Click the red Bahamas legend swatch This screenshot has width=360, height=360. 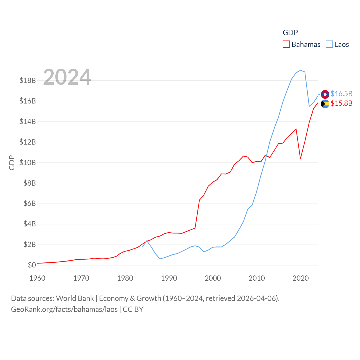(x=286, y=44)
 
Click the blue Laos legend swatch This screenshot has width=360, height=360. (x=329, y=44)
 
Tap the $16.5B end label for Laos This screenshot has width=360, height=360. (x=341, y=94)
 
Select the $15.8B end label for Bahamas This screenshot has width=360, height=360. (x=341, y=103)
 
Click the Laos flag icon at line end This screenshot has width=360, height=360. (x=325, y=94)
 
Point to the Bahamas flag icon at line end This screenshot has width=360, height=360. (x=325, y=104)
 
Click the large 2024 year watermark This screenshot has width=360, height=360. (x=67, y=77)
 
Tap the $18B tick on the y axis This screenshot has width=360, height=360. (x=28, y=80)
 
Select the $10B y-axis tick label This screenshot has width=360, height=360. (x=28, y=163)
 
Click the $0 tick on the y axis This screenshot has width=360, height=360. (x=32, y=265)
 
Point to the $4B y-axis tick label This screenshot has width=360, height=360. (x=30, y=224)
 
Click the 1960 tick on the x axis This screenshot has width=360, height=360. (x=37, y=278)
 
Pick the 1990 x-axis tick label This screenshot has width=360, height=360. (x=169, y=278)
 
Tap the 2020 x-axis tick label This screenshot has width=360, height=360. (x=301, y=278)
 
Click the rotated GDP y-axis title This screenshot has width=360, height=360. (x=12, y=163)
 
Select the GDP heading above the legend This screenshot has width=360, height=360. (x=290, y=33)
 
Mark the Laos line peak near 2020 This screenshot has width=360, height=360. (x=301, y=70)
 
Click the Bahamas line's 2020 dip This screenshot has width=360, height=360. (x=301, y=158)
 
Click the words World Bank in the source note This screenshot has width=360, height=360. (x=75, y=298)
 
